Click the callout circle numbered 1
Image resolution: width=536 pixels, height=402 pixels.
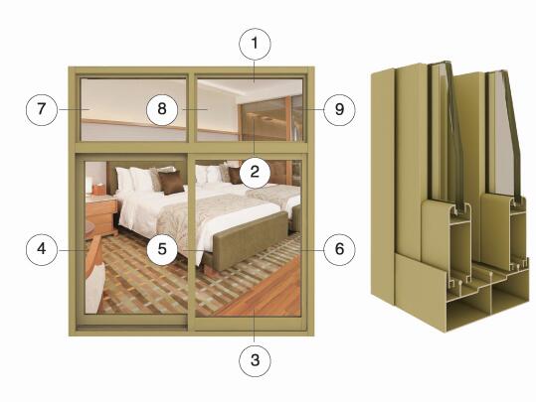pos(255,44)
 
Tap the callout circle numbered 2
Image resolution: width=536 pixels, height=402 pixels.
pos(255,172)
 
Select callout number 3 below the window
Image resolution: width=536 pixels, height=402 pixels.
pos(255,360)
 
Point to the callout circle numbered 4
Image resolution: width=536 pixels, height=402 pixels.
pos(42,249)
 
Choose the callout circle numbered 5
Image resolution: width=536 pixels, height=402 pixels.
pos(162,249)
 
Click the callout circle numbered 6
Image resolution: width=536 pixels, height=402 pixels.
pos(339,249)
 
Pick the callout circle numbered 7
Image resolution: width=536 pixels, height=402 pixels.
pos(42,109)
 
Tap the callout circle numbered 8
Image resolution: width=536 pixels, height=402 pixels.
pos(162,109)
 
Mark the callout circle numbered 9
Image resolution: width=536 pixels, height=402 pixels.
pos(339,109)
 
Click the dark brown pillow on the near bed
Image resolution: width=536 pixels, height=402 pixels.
pos(171,183)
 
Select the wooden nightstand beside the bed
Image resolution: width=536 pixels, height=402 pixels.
pos(101,216)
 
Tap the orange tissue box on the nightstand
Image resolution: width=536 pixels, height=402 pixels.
pos(98,189)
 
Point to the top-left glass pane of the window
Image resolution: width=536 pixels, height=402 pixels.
pos(133,109)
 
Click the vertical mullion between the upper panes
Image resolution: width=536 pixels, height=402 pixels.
pos(192,108)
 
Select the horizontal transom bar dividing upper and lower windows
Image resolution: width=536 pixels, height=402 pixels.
pos(191,148)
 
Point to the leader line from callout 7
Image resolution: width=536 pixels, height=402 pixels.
pos(75,109)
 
